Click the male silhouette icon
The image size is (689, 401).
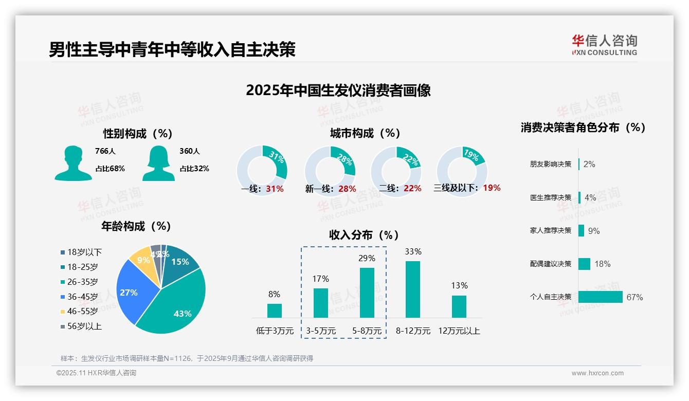click(73, 163)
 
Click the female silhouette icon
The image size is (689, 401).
click(158, 163)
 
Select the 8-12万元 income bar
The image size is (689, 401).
click(413, 289)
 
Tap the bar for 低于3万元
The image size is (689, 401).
click(274, 311)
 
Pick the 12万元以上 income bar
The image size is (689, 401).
click(459, 306)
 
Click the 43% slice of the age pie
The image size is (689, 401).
click(177, 303)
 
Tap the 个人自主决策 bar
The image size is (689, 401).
click(601, 297)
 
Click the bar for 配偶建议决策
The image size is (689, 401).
click(584, 264)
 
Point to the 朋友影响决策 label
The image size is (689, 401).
click(550, 165)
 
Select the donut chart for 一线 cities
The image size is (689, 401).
click(262, 171)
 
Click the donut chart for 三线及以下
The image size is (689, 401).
click(462, 171)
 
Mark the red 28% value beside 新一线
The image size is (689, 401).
click(347, 189)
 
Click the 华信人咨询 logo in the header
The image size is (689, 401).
click(604, 45)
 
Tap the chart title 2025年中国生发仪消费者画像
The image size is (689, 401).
click(338, 90)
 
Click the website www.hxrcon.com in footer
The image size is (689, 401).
click(597, 373)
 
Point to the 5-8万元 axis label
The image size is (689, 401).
click(367, 331)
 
